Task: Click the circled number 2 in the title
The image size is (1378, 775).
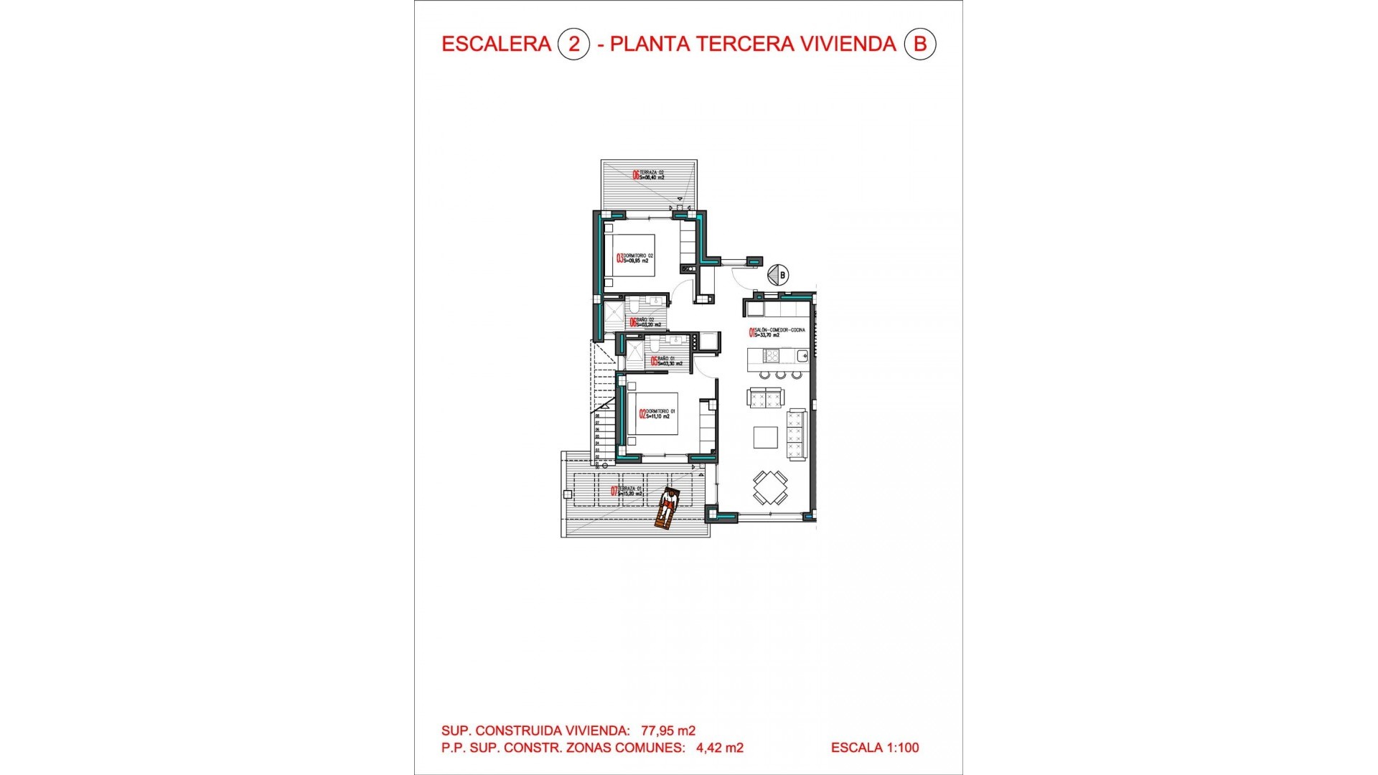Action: (x=573, y=44)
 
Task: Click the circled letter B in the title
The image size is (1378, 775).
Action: (x=919, y=44)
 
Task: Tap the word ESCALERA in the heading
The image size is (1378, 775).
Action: (x=496, y=44)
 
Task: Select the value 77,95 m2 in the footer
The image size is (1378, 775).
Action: (x=668, y=731)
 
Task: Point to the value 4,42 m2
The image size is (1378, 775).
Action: (x=720, y=748)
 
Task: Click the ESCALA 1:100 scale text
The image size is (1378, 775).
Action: (x=875, y=748)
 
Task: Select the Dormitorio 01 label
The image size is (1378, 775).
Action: (x=657, y=414)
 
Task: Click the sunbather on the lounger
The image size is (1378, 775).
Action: (x=668, y=508)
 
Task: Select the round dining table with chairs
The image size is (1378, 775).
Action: (x=770, y=488)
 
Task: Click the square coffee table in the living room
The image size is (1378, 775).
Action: (x=765, y=438)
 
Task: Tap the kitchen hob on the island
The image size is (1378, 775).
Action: (x=772, y=355)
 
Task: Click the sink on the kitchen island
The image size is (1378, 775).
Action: (x=802, y=355)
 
